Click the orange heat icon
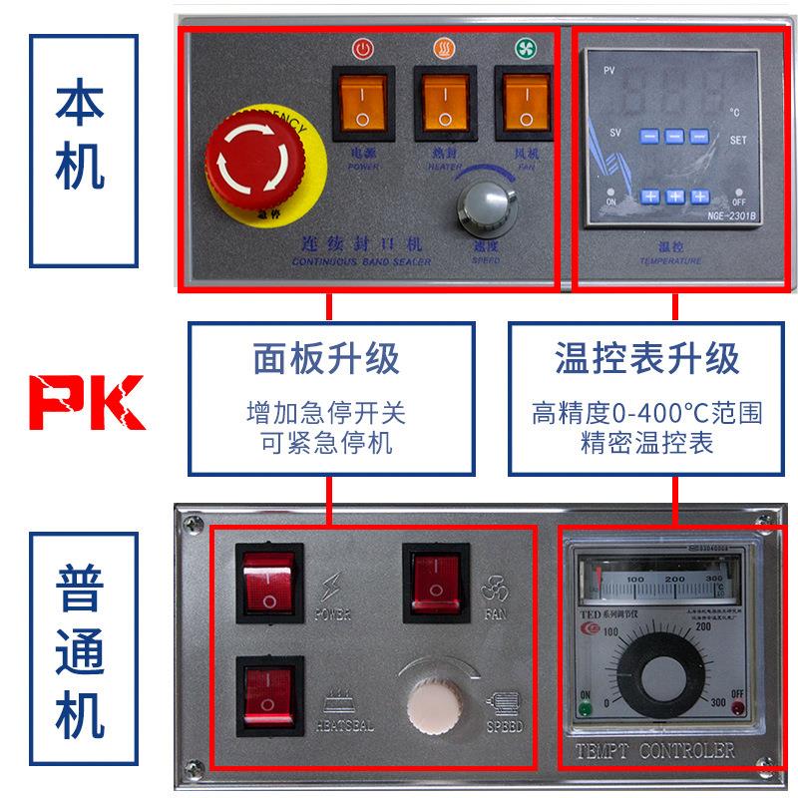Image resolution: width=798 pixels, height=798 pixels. tap(442, 47)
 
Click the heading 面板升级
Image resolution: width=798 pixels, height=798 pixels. tap(326, 356)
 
